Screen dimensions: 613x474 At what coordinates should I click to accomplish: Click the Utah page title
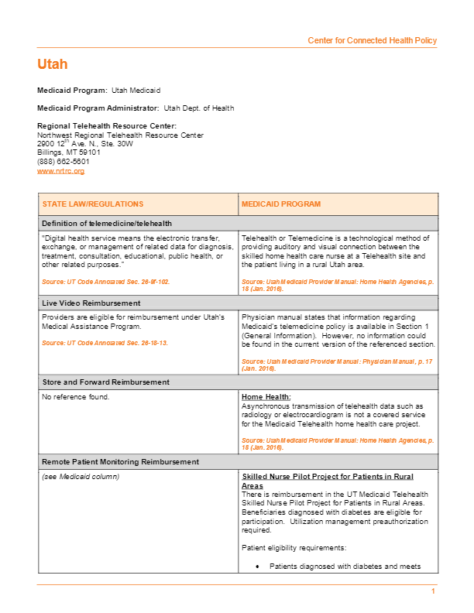(x=52, y=64)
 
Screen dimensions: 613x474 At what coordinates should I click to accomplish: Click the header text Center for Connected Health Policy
(x=372, y=40)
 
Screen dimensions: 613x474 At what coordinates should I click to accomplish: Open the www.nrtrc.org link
(x=60, y=170)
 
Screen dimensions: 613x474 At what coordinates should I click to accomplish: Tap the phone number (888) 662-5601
(x=64, y=161)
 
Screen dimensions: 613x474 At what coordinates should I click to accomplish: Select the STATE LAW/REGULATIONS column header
(x=93, y=204)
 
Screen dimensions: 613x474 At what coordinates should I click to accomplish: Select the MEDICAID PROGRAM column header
(x=281, y=204)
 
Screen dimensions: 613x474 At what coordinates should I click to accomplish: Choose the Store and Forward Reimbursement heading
(x=105, y=382)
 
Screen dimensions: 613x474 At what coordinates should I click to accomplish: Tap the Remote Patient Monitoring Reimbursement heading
(x=120, y=461)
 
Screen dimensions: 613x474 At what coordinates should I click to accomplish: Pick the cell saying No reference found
(x=76, y=397)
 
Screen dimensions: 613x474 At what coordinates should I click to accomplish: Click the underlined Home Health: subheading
(x=266, y=397)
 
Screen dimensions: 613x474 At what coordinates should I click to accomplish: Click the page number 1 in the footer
(x=434, y=592)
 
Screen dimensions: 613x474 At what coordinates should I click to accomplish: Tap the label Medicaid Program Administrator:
(x=98, y=108)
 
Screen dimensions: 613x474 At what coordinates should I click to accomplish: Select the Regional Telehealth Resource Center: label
(x=107, y=125)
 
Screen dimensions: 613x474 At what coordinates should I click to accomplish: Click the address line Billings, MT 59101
(x=69, y=152)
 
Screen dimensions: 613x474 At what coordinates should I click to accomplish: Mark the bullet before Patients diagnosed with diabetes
(x=258, y=567)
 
